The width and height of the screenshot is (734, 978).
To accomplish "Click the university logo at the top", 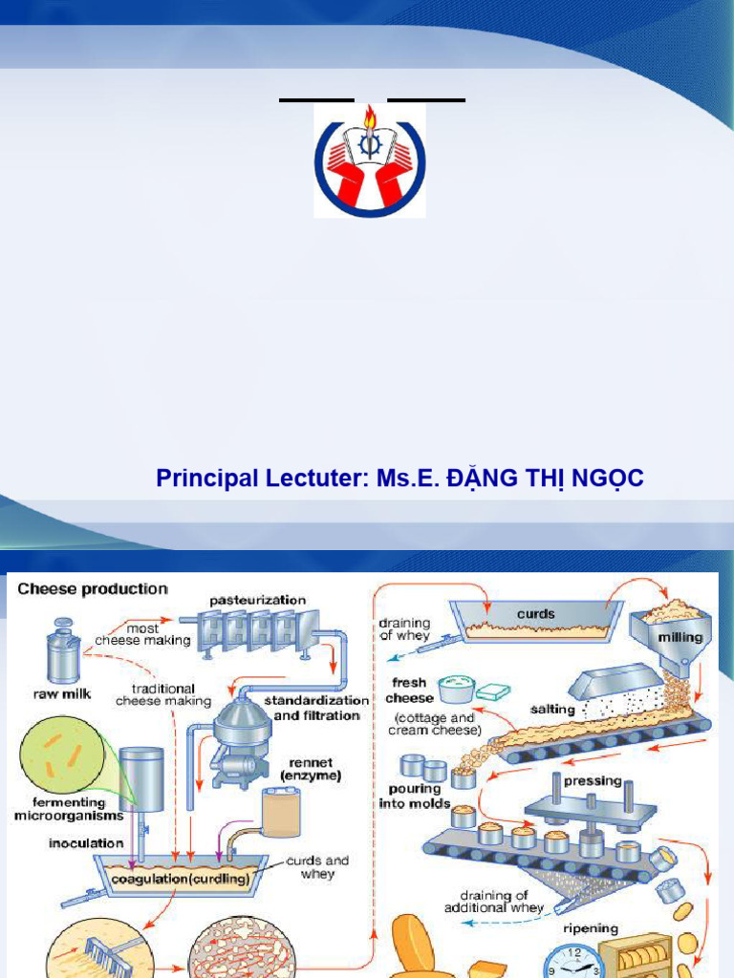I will point(370,160).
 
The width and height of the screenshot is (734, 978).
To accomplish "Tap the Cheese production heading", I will point(93,589).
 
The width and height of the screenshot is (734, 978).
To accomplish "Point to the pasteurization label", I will point(259,600).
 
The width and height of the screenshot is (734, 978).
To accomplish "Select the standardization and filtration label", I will point(316,708).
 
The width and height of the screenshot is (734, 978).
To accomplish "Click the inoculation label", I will point(86,843).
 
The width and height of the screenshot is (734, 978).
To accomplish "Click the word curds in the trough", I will point(535,614).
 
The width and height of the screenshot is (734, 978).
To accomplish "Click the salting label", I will point(551,710).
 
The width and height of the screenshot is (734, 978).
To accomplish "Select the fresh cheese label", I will point(409,691).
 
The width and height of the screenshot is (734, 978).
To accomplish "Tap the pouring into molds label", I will point(415,797).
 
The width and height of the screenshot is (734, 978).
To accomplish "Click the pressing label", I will point(593,754).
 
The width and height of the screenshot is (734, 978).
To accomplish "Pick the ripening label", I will point(591,928).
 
